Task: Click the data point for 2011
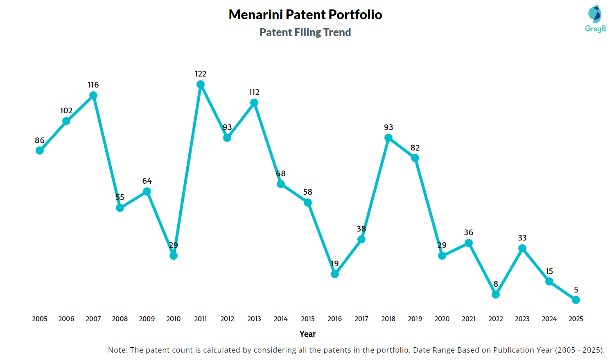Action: tap(201, 84)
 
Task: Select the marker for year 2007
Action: tap(93, 95)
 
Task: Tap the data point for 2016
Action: tap(335, 274)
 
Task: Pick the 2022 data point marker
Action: tap(496, 295)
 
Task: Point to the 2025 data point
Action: tap(576, 300)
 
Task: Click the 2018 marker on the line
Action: tap(388, 138)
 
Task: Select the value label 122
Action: tap(201, 74)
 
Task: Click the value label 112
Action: tap(254, 92)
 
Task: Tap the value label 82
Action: tap(415, 148)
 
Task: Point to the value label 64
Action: tap(147, 181)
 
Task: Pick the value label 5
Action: tap(576, 290)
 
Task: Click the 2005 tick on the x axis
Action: tap(40, 319)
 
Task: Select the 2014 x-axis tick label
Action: tap(281, 319)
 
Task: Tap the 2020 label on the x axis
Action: tap(442, 319)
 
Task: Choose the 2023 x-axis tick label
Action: tap(522, 319)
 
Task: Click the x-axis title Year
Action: tap(307, 334)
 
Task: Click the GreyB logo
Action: tap(595, 19)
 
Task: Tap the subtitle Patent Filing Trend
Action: tap(305, 32)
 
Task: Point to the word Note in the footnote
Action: tap(117, 350)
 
